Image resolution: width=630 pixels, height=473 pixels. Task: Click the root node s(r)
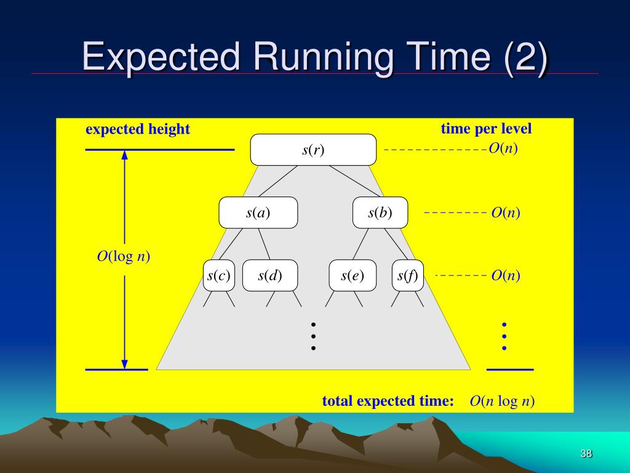[x=313, y=150]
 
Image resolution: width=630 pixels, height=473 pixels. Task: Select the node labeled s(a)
[x=258, y=212]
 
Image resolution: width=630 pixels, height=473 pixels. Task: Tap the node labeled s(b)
[x=380, y=212]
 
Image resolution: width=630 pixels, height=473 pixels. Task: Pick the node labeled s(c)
[x=219, y=275]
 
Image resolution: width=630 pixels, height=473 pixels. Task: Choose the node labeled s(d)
[x=270, y=275]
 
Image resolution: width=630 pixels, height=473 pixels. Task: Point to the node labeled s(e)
[x=353, y=275]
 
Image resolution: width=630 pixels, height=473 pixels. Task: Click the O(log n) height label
[x=124, y=256]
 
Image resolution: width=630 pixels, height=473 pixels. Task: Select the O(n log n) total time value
[x=502, y=402]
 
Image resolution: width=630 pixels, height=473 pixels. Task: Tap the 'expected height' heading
[x=138, y=129]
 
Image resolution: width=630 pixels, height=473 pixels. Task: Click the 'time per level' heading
[x=486, y=129]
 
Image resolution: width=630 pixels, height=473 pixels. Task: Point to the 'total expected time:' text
[x=388, y=402]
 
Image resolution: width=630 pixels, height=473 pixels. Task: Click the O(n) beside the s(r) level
[x=503, y=149]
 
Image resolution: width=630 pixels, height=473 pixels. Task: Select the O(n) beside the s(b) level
[x=506, y=212]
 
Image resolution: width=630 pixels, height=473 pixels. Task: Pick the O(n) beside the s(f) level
[x=506, y=275]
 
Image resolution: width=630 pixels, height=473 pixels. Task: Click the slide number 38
[x=586, y=454]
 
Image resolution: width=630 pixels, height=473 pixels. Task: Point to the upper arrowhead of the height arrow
[x=125, y=155]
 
